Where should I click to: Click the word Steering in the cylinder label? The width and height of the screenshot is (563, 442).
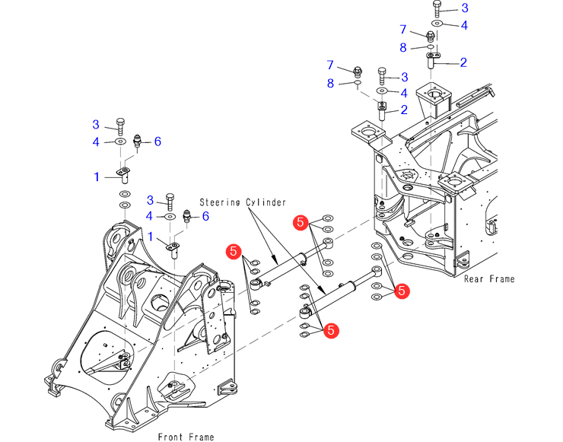(x=221, y=202)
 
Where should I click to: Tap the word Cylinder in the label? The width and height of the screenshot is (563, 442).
(x=266, y=202)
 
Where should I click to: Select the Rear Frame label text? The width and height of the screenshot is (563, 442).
(x=489, y=279)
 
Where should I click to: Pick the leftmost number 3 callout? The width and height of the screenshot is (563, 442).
(x=96, y=125)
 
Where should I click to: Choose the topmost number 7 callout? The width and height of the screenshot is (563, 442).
(x=404, y=30)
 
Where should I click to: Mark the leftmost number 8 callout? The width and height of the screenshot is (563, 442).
(x=330, y=83)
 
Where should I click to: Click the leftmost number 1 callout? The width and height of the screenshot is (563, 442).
(x=96, y=176)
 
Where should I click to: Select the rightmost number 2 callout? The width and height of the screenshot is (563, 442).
(x=463, y=62)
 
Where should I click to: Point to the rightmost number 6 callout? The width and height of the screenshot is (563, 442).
(x=204, y=217)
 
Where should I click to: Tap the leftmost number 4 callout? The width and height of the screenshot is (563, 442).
(x=96, y=142)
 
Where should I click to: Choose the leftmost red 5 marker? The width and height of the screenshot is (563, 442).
(x=234, y=250)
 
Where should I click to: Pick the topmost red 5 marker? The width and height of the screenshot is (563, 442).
(x=301, y=223)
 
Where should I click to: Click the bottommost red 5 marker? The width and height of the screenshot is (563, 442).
(x=331, y=330)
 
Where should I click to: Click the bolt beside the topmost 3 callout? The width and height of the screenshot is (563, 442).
(x=437, y=9)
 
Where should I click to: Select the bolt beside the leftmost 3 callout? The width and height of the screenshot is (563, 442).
(x=120, y=126)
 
